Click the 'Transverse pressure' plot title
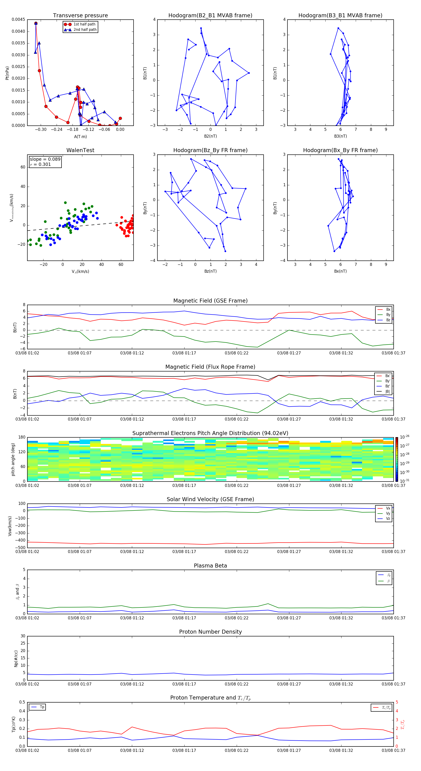coord(80,16)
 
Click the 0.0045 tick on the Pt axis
coord(18,20)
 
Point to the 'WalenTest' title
coord(80,150)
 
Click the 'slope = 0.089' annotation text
coord(45,159)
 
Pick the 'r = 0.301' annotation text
coord(40,164)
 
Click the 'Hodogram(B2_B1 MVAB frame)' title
coord(210,16)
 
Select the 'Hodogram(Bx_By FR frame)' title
coord(340,150)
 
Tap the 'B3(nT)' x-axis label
coord(340,136)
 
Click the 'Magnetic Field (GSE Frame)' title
coord(210,301)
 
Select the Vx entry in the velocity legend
coord(388,508)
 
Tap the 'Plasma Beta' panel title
coord(210,566)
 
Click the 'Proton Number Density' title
coord(210,632)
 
